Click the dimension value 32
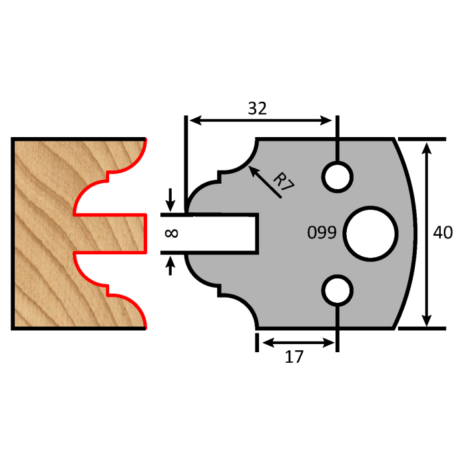(257, 109)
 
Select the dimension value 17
(294, 357)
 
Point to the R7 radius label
(284, 182)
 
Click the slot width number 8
(170, 233)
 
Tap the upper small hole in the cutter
(338, 176)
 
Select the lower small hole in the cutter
(338, 290)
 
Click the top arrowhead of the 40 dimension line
(427, 146)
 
